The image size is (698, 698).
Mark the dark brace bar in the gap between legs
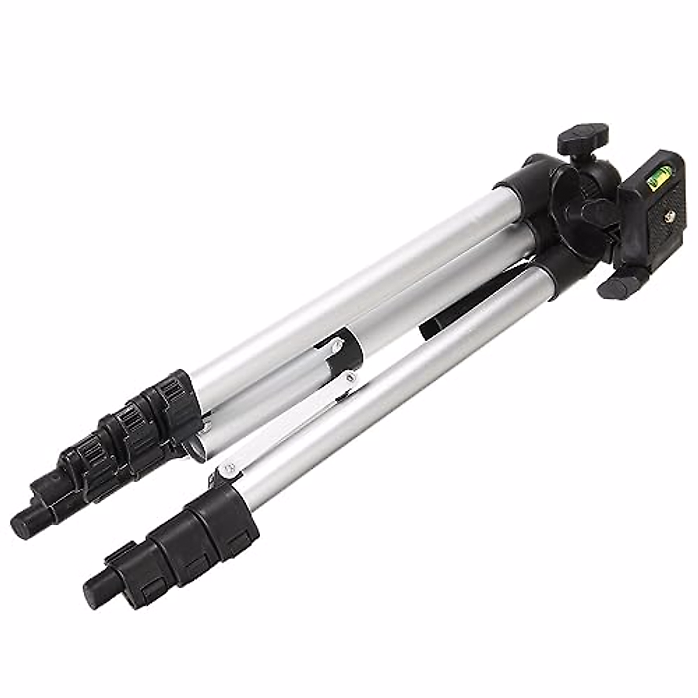coord(442,326)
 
